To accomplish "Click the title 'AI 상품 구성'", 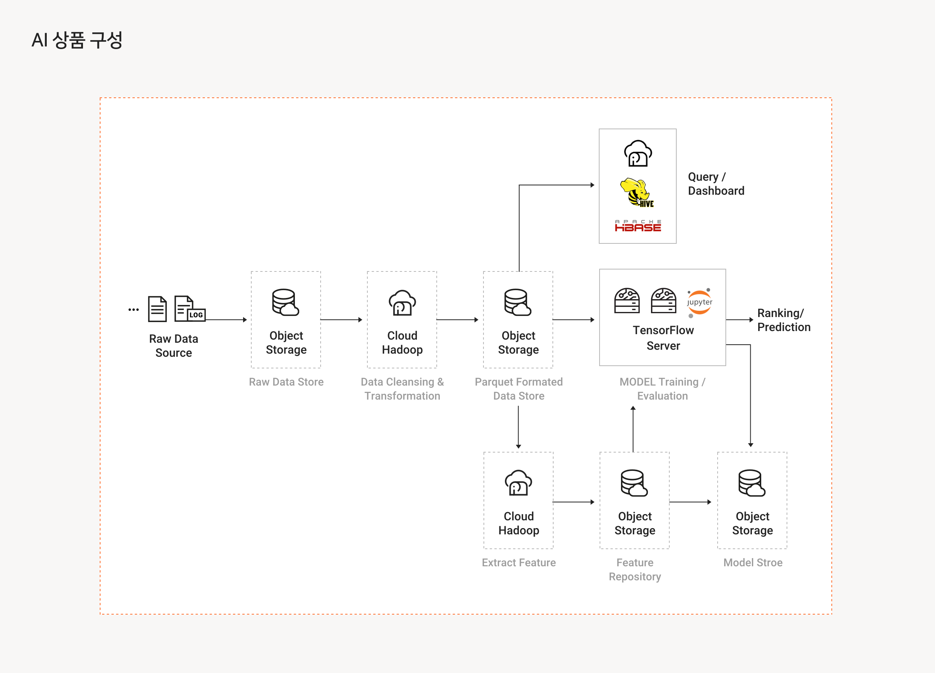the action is [77, 41].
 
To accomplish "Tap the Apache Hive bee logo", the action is [637, 192].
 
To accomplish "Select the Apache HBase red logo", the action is [638, 226].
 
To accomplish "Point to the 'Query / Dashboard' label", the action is [716, 184].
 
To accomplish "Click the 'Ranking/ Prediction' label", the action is [784, 320].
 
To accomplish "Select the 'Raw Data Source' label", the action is [174, 346].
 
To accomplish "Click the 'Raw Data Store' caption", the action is [286, 382].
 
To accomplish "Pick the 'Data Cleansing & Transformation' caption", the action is [402, 389].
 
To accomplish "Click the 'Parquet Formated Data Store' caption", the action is [519, 389].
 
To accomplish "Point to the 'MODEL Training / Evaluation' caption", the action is [663, 389].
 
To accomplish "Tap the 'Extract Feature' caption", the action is [519, 562].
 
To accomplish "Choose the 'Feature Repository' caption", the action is [635, 569].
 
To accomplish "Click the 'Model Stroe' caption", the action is [753, 562].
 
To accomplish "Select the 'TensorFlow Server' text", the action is [663, 338].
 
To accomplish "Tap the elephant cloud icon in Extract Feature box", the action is [518, 483].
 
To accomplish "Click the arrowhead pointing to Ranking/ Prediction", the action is [751, 320].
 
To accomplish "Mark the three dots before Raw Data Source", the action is [134, 310].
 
